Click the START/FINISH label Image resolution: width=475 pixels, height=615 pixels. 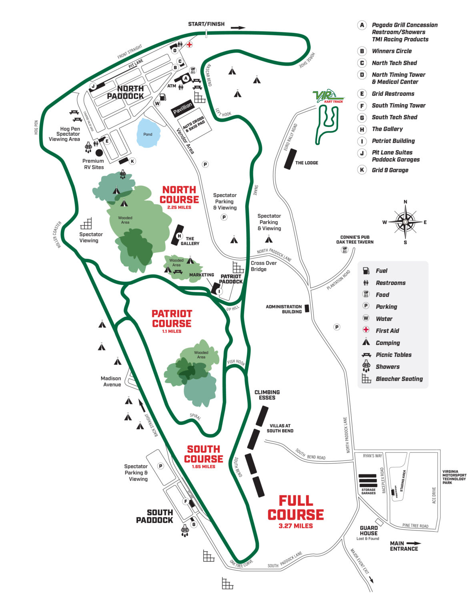click(206, 24)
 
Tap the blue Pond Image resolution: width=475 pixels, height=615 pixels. click(148, 133)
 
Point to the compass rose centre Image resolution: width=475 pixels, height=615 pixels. click(405, 221)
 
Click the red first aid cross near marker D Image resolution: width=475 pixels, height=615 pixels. click(189, 44)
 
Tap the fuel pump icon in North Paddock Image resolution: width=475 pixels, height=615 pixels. click(163, 97)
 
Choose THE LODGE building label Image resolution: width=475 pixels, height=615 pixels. click(307, 163)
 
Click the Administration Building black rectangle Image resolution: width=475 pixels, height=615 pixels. click(307, 308)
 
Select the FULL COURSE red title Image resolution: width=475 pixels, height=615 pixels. click(296, 508)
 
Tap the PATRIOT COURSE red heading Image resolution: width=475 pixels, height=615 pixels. click(172, 318)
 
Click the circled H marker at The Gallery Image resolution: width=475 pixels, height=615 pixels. click(179, 236)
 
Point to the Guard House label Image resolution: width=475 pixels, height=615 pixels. click(369, 531)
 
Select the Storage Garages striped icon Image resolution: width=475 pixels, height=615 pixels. click(368, 480)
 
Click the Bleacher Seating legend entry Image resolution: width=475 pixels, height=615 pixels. click(399, 379)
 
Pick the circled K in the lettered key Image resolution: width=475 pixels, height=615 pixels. click(362, 170)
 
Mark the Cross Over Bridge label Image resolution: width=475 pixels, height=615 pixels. click(263, 266)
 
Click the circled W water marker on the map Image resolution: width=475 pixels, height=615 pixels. click(157, 103)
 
